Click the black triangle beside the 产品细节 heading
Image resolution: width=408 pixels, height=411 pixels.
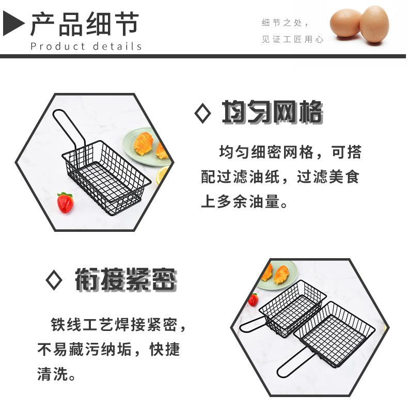[13, 24]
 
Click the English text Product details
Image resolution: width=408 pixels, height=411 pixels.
[86, 46]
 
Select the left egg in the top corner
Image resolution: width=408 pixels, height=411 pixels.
[346, 23]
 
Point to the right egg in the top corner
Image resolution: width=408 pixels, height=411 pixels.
[374, 24]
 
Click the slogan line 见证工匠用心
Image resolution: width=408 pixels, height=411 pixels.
[292, 39]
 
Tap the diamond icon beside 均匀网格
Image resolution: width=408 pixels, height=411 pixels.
[202, 113]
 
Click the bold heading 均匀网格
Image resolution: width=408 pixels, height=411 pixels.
[272, 113]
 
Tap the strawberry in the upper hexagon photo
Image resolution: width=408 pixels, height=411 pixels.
[65, 202]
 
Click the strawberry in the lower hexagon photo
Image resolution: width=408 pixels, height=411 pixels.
[253, 299]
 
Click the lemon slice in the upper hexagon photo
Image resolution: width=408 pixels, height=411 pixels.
[162, 176]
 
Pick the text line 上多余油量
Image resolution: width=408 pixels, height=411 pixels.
[244, 201]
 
